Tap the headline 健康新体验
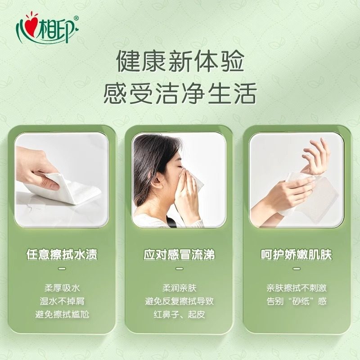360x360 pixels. click(180, 62)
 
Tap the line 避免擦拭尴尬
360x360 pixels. click(62, 314)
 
